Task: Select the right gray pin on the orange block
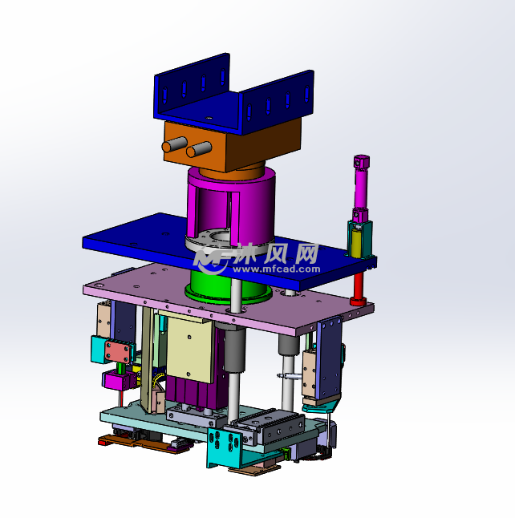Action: point(199,149)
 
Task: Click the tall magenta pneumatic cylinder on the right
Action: point(361,188)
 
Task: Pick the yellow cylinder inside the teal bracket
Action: point(356,242)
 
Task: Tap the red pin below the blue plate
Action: point(358,289)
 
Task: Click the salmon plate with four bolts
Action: point(117,352)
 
